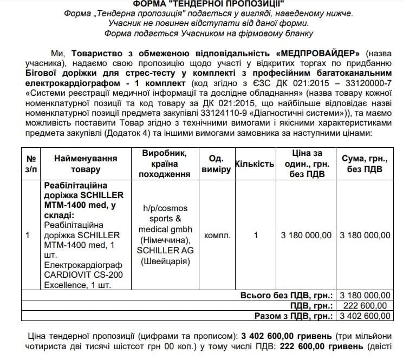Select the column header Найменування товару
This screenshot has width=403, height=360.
point(86,163)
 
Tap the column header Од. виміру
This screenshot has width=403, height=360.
point(216,163)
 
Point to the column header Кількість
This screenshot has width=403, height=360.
point(254,163)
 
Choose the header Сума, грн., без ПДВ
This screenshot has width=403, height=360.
point(364,163)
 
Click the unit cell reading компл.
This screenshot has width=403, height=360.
point(217,235)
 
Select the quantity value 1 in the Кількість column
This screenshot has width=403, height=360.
point(256,235)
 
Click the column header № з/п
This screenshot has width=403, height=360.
point(31,163)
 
